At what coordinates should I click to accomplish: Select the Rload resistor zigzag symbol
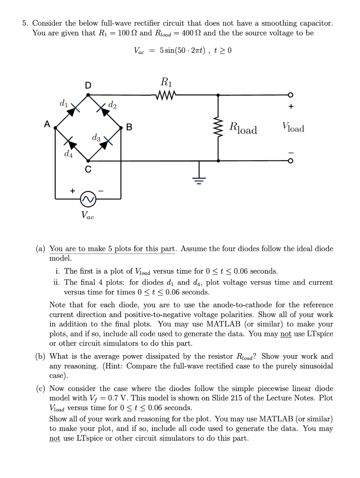coord(218,129)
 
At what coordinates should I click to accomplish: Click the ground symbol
coord(200,180)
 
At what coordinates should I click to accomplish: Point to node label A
coord(46,125)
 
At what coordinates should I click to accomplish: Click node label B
coord(129,129)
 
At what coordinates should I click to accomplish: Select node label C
coord(88,169)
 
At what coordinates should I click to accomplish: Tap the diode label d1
coord(64,105)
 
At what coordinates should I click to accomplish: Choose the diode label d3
coord(97,138)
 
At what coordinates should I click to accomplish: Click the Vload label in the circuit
coord(292,129)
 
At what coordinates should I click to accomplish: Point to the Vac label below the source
coord(88,215)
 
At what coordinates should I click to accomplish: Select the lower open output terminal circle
coord(291,161)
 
